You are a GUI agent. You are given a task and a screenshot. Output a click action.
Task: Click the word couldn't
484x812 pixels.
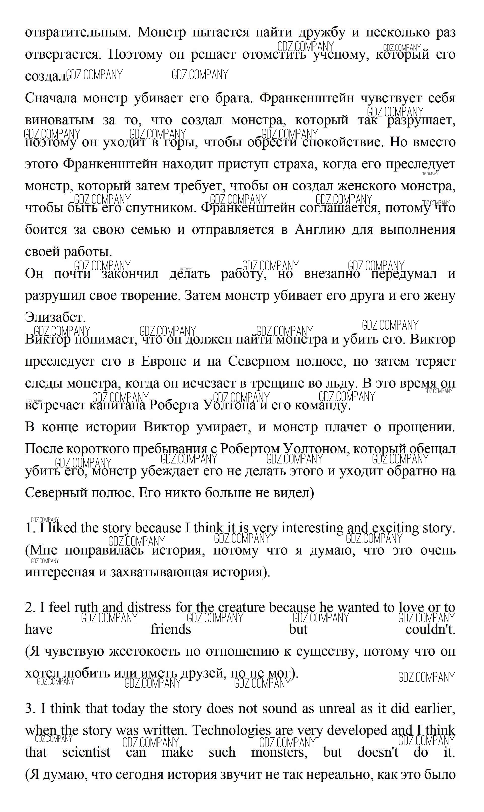(430, 629)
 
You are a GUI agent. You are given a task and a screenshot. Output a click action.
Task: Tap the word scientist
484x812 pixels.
(86, 752)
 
